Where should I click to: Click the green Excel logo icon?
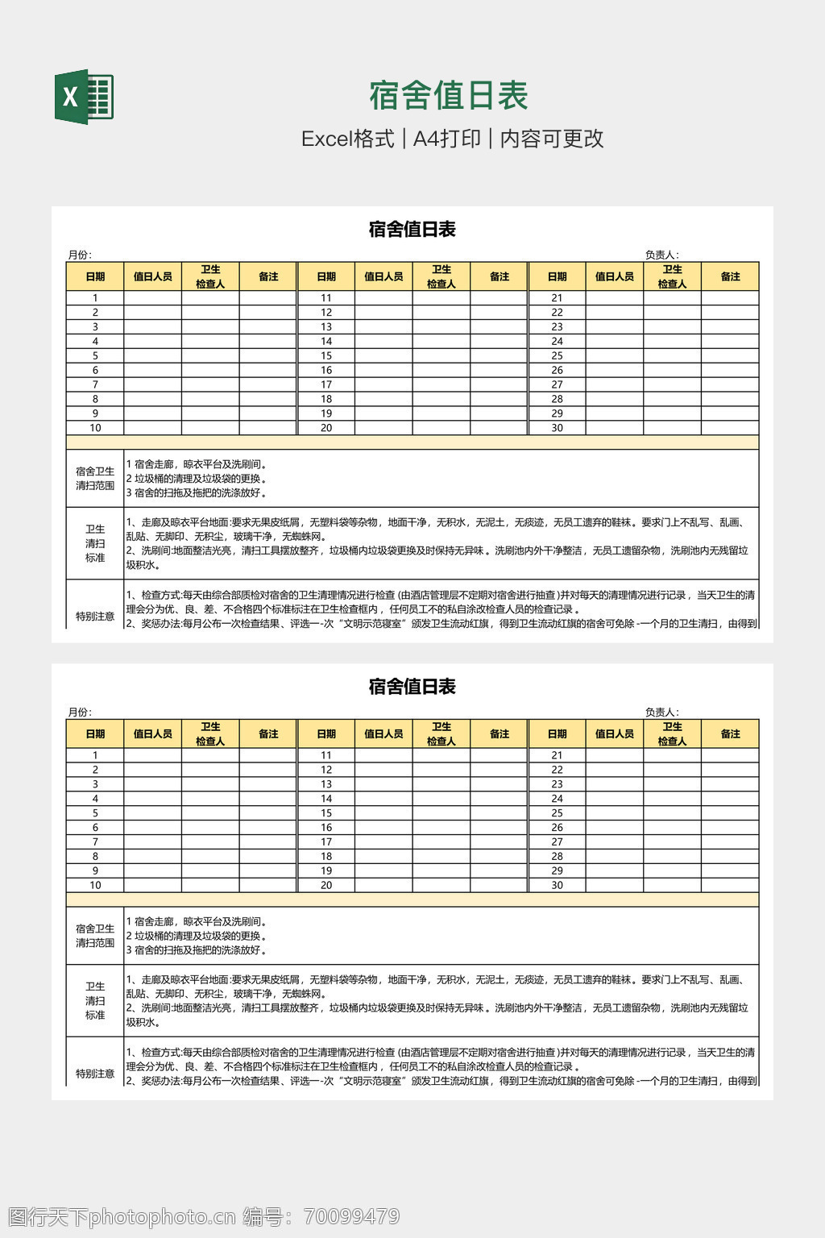click(x=84, y=97)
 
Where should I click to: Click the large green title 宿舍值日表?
click(x=449, y=96)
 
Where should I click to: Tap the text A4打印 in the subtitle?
click(x=446, y=139)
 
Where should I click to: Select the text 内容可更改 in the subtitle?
click(x=552, y=139)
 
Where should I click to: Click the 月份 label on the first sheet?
click(x=79, y=255)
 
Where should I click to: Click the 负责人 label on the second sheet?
click(x=661, y=712)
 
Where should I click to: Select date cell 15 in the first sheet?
click(x=326, y=355)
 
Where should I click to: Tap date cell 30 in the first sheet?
click(x=557, y=428)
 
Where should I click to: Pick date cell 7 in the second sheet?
click(x=95, y=841)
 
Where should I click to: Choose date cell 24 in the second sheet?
click(x=557, y=799)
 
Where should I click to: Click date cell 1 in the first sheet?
click(x=95, y=297)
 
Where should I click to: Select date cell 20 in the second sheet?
click(x=326, y=885)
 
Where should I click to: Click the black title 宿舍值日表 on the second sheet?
click(x=412, y=687)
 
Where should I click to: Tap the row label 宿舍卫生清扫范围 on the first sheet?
click(x=95, y=478)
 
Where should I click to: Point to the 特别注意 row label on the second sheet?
click(x=95, y=1074)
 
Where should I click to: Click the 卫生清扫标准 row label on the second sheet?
click(x=95, y=1000)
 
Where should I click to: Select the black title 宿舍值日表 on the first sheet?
click(x=412, y=230)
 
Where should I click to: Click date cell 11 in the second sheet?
click(x=326, y=755)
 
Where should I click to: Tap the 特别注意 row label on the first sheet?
click(x=95, y=617)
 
